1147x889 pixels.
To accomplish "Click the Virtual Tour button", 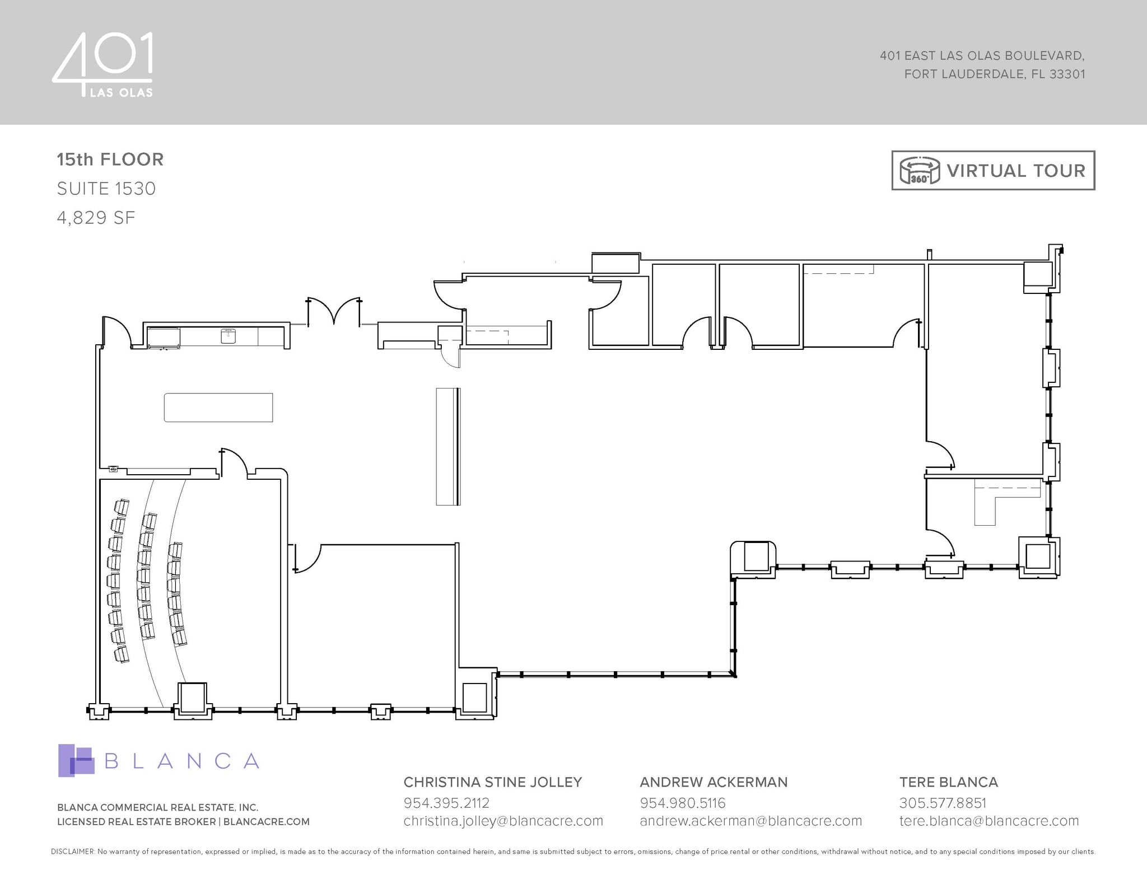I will (x=992, y=170).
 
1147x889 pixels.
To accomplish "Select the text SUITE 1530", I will (x=106, y=189).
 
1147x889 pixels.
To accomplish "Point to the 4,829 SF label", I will (x=96, y=218).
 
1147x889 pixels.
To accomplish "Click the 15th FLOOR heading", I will (x=110, y=160).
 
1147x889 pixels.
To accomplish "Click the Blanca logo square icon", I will (x=76, y=760).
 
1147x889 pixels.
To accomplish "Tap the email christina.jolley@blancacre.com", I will (x=503, y=821).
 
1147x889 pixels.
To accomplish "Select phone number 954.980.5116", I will (x=682, y=803).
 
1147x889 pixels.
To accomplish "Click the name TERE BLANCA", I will (x=948, y=782).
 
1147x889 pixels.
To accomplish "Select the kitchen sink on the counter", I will (x=228, y=336).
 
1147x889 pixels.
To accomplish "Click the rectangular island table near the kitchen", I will (x=218, y=408).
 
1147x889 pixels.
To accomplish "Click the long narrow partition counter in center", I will (x=447, y=446).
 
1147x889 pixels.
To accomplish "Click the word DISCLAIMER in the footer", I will (x=72, y=851).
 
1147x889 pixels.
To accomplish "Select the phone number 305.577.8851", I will (x=942, y=803).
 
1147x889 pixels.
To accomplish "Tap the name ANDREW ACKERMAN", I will (x=714, y=782).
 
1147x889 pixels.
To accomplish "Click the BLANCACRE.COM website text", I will (x=267, y=822).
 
